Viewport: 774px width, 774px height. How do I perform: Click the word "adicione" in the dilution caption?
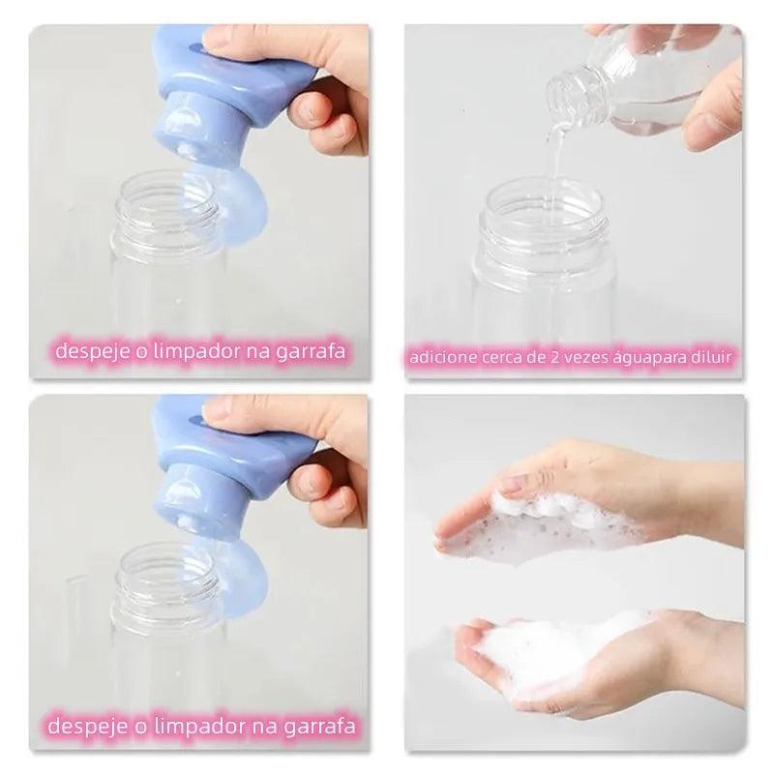[x=439, y=359]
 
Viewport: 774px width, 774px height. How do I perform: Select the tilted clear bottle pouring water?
[x=600, y=82]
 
